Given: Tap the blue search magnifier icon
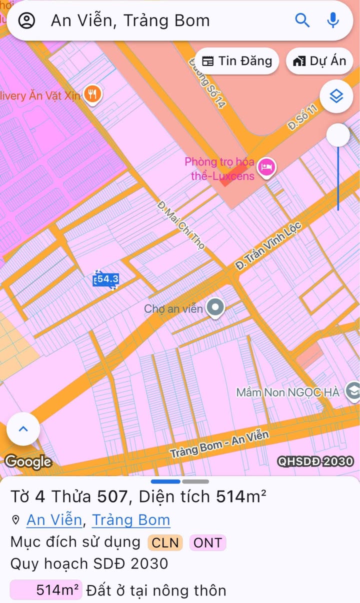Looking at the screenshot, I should click(302, 20).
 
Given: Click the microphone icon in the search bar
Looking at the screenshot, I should click(333, 20).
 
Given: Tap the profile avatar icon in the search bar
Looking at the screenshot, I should click(26, 20).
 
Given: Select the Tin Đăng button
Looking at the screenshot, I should click(237, 61).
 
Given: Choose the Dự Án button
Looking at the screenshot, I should click(319, 61).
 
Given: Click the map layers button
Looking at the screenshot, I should click(336, 95).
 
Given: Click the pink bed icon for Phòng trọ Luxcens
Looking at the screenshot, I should click(267, 166).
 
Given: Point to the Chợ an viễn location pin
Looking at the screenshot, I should click(215, 307).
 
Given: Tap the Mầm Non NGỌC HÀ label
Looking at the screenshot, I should click(288, 392).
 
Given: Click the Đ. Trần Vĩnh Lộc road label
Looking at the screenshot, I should click(268, 246).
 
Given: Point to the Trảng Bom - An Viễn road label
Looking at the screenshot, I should click(219, 443).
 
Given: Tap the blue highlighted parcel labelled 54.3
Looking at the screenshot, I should click(106, 279).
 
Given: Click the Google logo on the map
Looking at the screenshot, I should click(28, 461).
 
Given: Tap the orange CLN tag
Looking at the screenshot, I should click(165, 542).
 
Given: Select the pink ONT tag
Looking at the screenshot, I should click(207, 542).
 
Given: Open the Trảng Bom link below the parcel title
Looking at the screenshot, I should click(131, 520).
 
